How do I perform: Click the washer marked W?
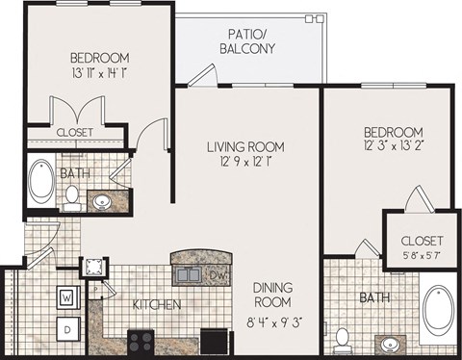(x=67, y=297)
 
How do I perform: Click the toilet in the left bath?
(x=72, y=198)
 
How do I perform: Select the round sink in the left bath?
(x=103, y=202)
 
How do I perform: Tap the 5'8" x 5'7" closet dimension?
(x=422, y=256)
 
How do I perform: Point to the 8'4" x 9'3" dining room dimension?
(x=273, y=320)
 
